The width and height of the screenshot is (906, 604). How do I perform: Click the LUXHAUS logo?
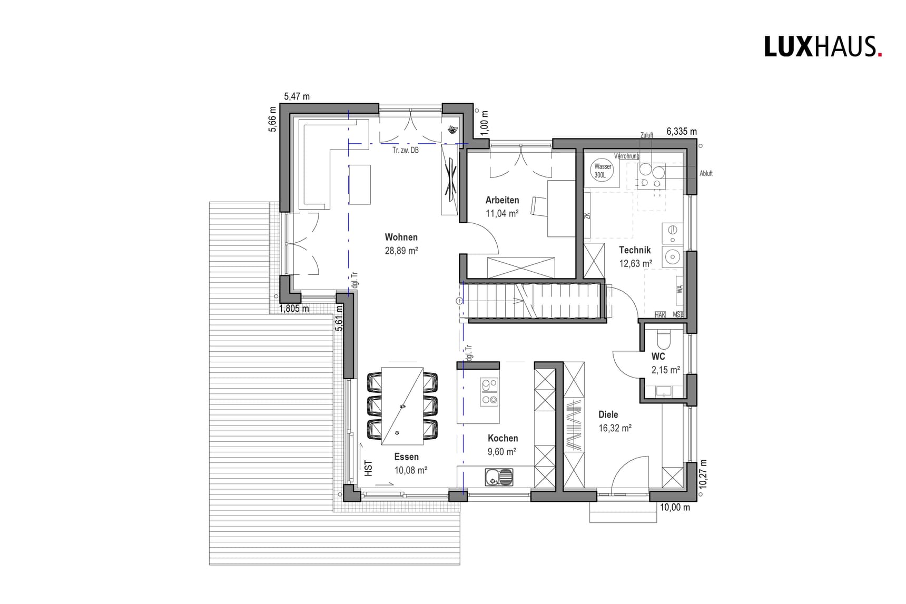pyautogui.click(x=823, y=47)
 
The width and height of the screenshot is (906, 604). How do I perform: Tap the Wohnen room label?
pyautogui.click(x=401, y=237)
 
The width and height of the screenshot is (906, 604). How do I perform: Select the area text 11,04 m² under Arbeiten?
pyautogui.click(x=501, y=213)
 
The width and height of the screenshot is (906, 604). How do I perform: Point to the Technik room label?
pyautogui.click(x=635, y=250)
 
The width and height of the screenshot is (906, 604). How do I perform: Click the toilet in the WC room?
pyautogui.click(x=664, y=339)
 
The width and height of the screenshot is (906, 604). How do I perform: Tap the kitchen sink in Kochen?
pyautogui.click(x=498, y=478)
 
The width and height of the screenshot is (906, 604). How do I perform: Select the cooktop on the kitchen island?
pyautogui.click(x=489, y=392)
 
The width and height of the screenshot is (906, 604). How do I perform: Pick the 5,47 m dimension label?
pyautogui.click(x=297, y=96)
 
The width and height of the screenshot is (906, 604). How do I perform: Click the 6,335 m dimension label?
pyautogui.click(x=681, y=132)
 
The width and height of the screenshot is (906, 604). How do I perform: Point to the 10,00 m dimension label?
pyautogui.click(x=675, y=508)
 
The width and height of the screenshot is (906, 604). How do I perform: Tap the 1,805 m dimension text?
pyautogui.click(x=294, y=309)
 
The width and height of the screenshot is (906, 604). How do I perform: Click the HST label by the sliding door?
pyautogui.click(x=368, y=468)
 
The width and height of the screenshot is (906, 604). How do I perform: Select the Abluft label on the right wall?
pyautogui.click(x=706, y=173)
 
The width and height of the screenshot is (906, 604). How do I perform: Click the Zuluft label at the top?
pyautogui.click(x=646, y=135)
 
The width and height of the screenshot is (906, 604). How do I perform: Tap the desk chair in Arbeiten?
pyautogui.click(x=539, y=206)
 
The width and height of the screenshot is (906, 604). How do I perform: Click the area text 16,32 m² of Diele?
pyautogui.click(x=615, y=428)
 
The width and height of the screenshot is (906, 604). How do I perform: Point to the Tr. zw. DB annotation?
pyautogui.click(x=405, y=151)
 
